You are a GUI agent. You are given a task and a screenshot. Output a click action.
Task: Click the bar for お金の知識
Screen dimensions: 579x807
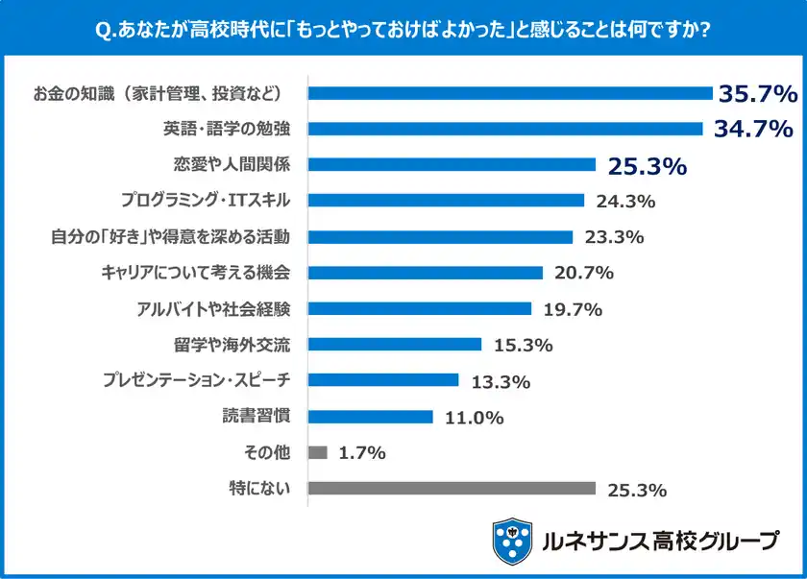[509, 93]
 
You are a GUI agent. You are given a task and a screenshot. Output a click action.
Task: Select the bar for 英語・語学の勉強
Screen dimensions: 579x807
[504, 129]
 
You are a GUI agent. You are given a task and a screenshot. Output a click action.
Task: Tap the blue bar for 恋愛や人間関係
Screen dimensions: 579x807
[452, 165]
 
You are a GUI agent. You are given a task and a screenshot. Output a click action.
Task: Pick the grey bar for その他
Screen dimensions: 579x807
[318, 452]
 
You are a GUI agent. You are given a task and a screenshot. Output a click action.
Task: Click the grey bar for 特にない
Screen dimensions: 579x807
[452, 489]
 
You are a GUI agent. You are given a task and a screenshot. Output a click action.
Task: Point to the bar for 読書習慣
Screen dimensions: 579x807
[370, 417]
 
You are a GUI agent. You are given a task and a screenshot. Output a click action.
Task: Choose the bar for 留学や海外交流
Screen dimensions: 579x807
[394, 345]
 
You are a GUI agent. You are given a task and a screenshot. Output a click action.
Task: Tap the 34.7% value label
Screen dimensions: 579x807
[752, 128]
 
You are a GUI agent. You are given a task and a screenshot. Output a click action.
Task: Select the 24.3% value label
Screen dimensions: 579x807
[625, 201]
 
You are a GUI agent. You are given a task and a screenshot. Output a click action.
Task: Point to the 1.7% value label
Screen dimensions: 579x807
[363, 452]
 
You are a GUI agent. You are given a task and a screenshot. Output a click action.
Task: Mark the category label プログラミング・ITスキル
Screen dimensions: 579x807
[205, 201]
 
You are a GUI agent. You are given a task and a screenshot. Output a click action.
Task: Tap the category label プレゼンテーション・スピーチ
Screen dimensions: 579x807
[195, 381]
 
